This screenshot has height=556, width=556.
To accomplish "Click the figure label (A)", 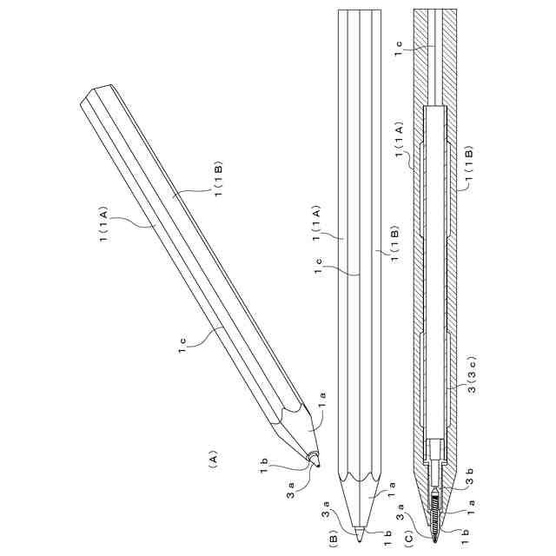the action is [x=212, y=459].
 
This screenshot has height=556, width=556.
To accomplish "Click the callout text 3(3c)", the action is [x=470, y=374].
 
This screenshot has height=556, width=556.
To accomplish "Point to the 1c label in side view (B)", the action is [x=319, y=267].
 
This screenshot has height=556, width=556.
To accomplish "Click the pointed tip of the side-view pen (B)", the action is [x=360, y=532].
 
